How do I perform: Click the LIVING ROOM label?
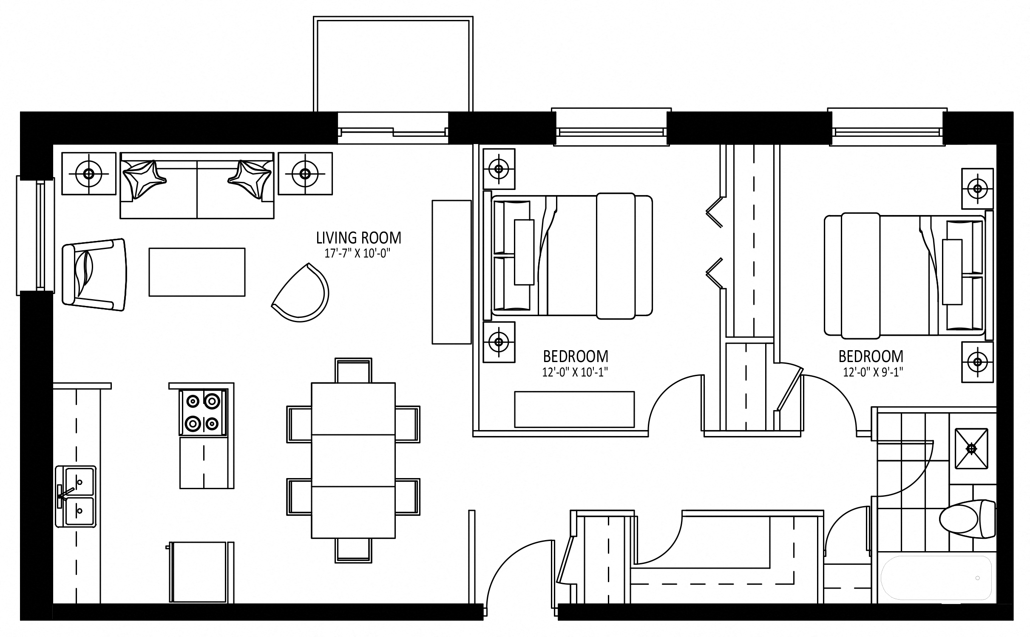358,238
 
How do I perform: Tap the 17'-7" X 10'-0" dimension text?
357,254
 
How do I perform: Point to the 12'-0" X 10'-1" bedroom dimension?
575,372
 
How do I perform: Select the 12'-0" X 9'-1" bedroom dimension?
873,372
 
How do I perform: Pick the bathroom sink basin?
971,449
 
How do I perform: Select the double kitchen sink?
76,502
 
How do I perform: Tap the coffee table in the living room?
197,272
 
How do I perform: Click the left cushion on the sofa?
144,179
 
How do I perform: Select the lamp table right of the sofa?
305,174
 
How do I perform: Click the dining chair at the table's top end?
353,371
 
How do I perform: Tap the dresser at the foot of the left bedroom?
574,409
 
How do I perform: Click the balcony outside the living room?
393,64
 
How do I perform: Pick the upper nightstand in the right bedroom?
977,188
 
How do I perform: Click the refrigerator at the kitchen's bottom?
200,572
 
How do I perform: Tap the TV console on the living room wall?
451,272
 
